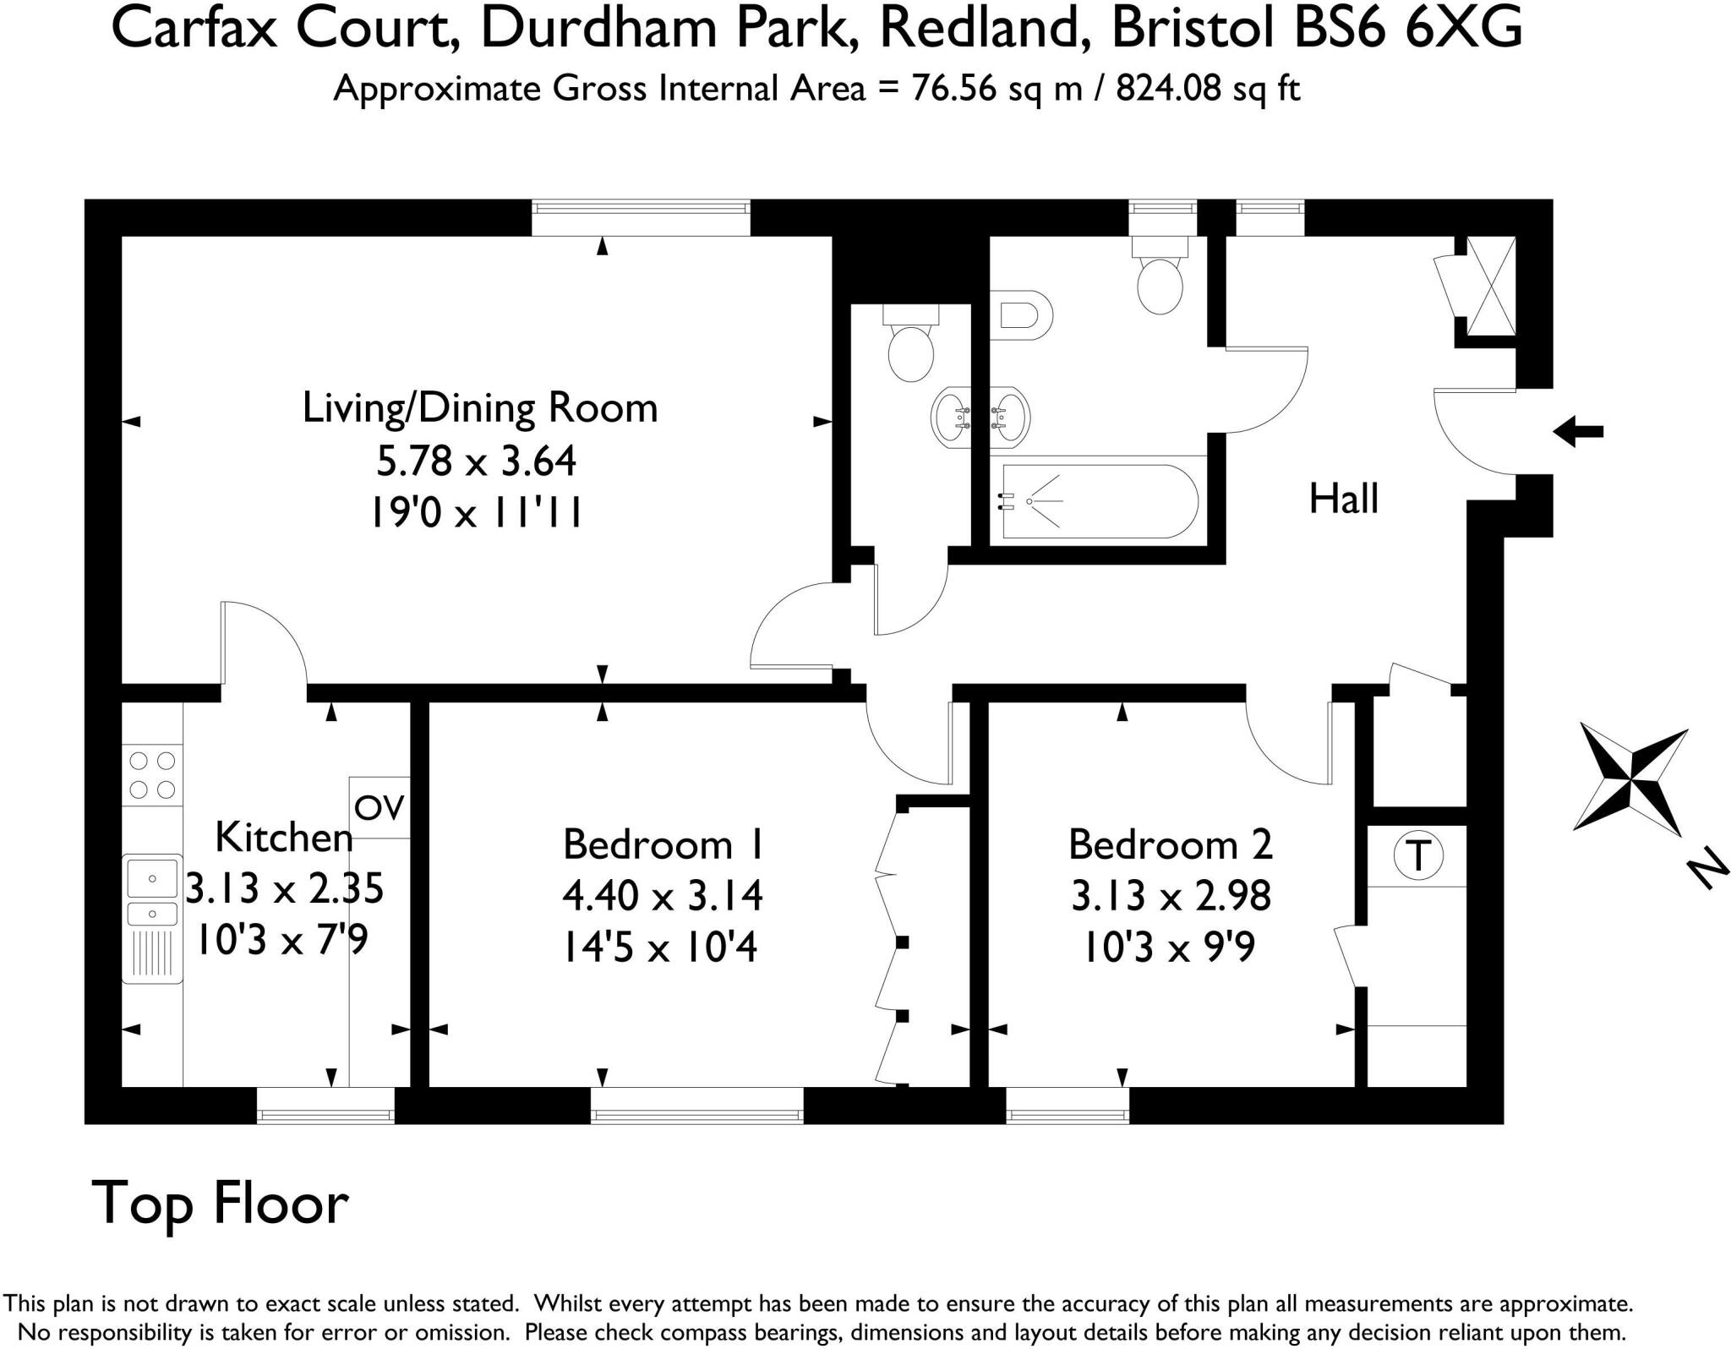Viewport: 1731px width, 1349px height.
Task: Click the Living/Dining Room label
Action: (x=479, y=408)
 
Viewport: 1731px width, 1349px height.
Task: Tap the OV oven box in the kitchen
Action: (x=380, y=808)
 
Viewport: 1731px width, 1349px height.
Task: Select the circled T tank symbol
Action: (x=1418, y=856)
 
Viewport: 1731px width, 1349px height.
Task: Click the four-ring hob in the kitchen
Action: (x=153, y=775)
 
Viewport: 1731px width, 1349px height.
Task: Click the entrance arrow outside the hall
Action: (x=1578, y=431)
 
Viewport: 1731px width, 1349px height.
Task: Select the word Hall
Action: (x=1343, y=499)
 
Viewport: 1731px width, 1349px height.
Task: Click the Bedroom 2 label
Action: (x=1170, y=844)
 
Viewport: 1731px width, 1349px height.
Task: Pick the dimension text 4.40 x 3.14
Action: (x=662, y=896)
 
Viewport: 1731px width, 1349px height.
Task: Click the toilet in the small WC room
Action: (x=910, y=347)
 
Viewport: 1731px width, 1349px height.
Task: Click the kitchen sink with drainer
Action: (x=153, y=918)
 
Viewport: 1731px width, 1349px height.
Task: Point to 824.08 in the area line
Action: (x=1168, y=88)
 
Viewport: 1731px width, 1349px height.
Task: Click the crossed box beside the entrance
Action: (x=1490, y=287)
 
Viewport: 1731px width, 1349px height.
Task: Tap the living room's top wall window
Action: (x=641, y=217)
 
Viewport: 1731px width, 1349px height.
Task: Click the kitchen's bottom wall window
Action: (x=325, y=1106)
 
